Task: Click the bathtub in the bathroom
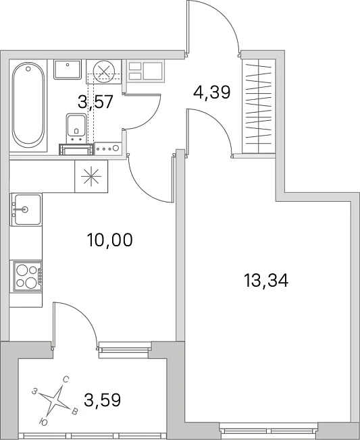(28, 105)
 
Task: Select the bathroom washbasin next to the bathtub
(68, 69)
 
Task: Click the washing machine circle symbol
(104, 72)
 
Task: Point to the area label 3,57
(95, 102)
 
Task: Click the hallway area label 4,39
(212, 92)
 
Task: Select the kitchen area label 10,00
(110, 240)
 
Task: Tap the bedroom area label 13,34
(266, 281)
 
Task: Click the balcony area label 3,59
(103, 400)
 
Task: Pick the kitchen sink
(26, 209)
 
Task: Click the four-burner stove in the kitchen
(26, 277)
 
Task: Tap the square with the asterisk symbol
(91, 177)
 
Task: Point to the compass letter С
(65, 380)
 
